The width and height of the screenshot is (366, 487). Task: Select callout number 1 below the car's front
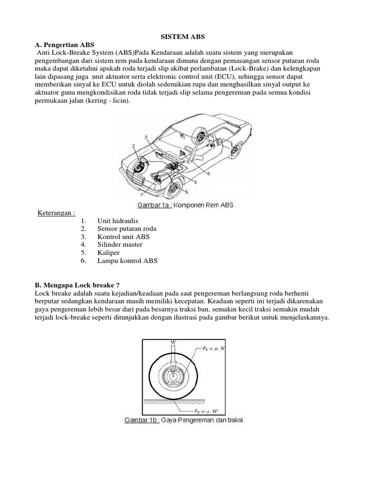141,194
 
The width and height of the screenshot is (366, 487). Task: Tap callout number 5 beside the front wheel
186,192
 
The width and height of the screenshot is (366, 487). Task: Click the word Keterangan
56,212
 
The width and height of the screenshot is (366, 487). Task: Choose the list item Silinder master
120,244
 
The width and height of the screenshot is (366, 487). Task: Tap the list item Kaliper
108,253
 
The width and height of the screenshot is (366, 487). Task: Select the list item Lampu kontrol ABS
127,261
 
